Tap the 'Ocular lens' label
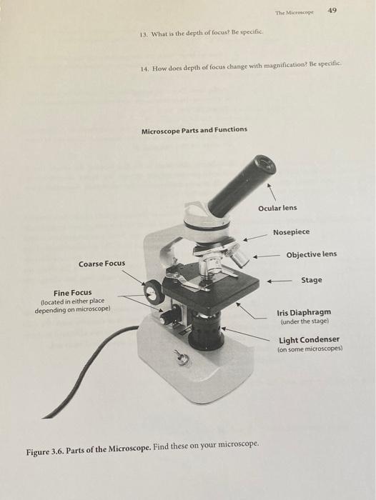[x=277, y=208]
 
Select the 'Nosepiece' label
[x=292, y=232]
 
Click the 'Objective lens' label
[x=311, y=255]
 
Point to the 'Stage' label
[x=311, y=280]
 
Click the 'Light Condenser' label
[x=309, y=340]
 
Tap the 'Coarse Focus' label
[x=102, y=264]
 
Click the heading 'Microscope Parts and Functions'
[x=194, y=129]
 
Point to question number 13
[x=144, y=34]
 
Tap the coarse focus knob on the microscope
[x=154, y=292]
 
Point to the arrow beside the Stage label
[x=279, y=281]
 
